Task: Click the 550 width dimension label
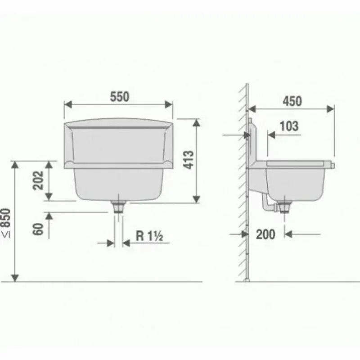(120, 97)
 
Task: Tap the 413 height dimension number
(189, 160)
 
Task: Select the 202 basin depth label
(38, 180)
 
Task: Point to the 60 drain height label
(38, 229)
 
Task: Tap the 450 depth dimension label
(292, 101)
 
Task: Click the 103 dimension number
(289, 126)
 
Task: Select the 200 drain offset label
(265, 234)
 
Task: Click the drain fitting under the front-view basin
(118, 207)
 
